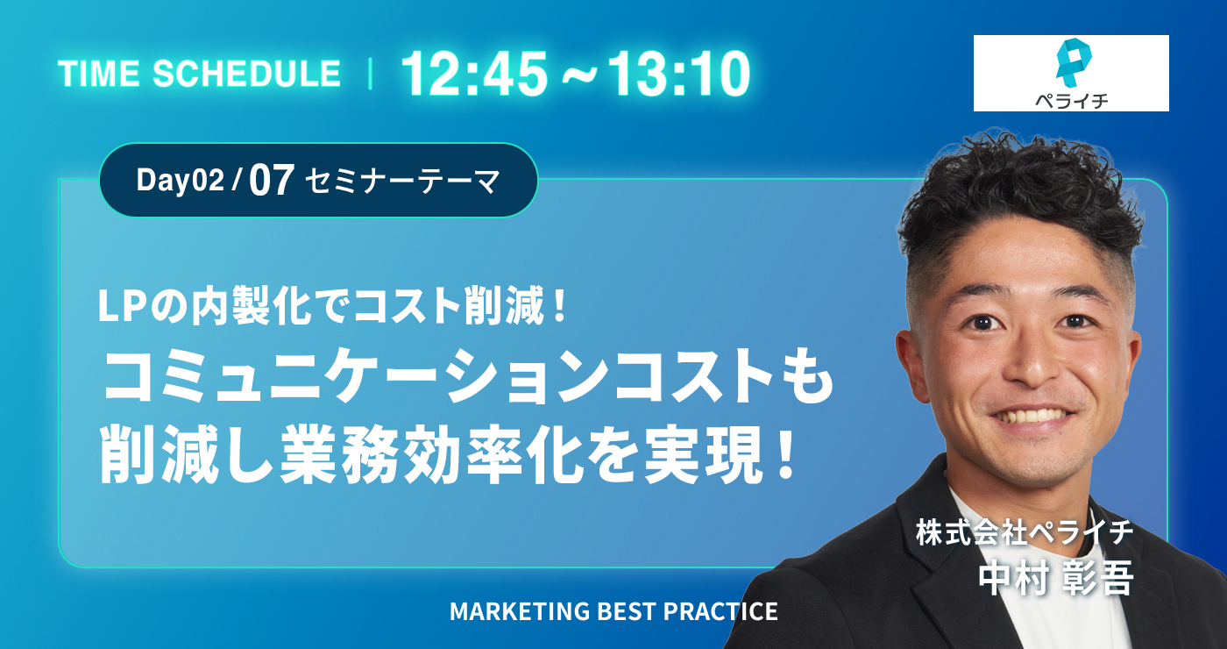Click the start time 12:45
(x=474, y=74)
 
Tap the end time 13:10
(x=678, y=74)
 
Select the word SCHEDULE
(x=246, y=74)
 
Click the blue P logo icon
(x=1073, y=62)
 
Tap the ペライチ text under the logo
(x=1071, y=100)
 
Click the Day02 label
(x=181, y=180)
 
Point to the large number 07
(x=272, y=181)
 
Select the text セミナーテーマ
(x=402, y=182)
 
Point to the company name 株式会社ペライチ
(x=1025, y=532)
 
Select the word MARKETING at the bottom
(x=519, y=611)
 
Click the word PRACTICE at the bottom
(x=720, y=611)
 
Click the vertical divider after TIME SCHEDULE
(x=371, y=74)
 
